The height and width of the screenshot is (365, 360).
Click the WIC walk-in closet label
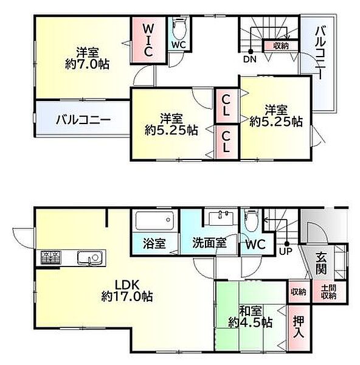pyautogui.click(x=148, y=40)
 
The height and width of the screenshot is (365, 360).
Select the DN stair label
pyautogui.click(x=250, y=59)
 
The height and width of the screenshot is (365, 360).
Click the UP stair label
pyautogui.click(x=286, y=251)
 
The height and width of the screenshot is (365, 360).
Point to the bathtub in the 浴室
pyautogui.click(x=154, y=220)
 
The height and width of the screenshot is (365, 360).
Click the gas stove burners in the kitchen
pyautogui.click(x=50, y=257)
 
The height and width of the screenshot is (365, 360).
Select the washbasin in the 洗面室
pyautogui.click(x=220, y=217)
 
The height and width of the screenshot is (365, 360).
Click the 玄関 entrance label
pyautogui.click(x=321, y=263)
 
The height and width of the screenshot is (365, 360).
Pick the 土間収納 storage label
pyautogui.click(x=328, y=292)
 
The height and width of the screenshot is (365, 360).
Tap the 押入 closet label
pyautogui.click(x=299, y=327)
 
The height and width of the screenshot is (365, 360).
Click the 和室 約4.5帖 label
pyautogui.click(x=251, y=317)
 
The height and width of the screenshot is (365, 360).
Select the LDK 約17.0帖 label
pyautogui.click(x=127, y=291)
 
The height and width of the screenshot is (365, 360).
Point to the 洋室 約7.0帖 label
pyautogui.click(x=88, y=58)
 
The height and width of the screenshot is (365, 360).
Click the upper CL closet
pyautogui.click(x=226, y=106)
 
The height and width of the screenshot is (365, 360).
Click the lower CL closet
pyautogui.click(x=226, y=142)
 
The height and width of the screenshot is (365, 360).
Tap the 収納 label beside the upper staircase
pyautogui.click(x=281, y=46)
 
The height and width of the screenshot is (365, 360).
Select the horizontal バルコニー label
pyautogui.click(x=83, y=120)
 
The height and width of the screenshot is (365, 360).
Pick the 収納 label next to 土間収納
pyautogui.click(x=299, y=292)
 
